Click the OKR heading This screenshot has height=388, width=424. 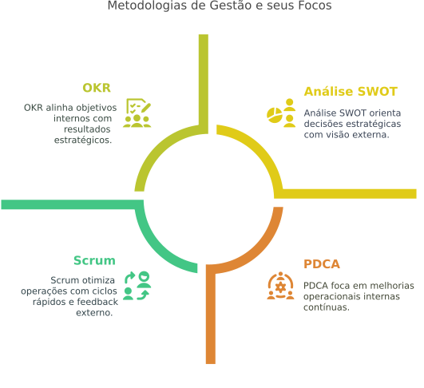[x=97, y=88]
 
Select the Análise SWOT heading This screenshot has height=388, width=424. [x=351, y=91]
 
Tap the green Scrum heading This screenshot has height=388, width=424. [x=94, y=260]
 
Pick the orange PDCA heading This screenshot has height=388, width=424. [x=322, y=264]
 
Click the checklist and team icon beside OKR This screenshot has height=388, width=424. [x=137, y=113]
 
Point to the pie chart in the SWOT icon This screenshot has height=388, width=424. [x=275, y=115]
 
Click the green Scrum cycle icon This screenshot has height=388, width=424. [x=137, y=286]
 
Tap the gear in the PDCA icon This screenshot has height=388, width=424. [x=281, y=287]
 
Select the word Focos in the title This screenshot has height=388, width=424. [x=315, y=6]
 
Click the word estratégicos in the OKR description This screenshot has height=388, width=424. [x=83, y=140]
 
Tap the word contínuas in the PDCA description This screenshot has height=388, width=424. [x=327, y=307]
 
